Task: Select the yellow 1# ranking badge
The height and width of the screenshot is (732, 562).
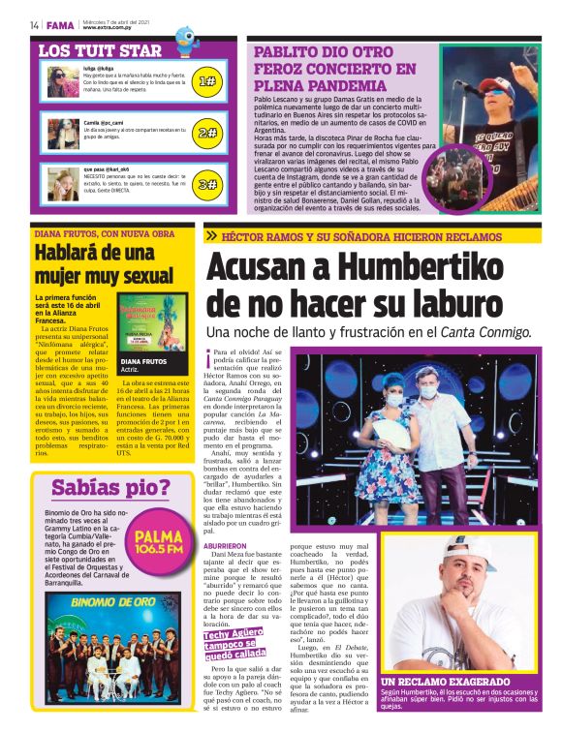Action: click(206, 82)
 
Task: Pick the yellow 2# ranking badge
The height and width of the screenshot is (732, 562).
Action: click(206, 134)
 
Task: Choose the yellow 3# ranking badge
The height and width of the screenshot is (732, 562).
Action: click(206, 184)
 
